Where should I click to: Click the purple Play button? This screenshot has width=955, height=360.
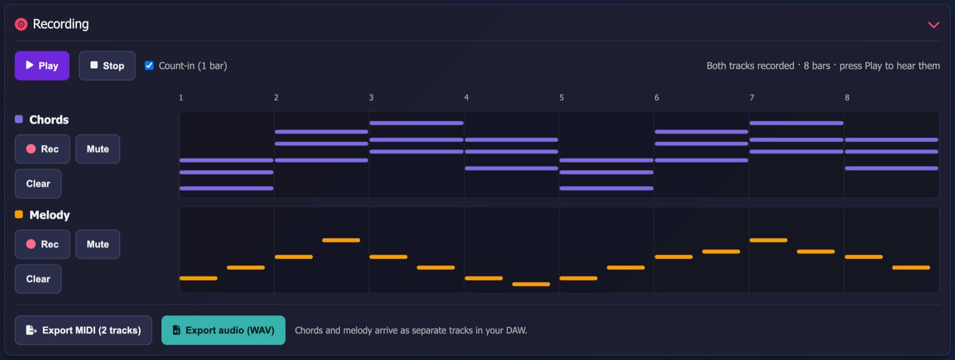tap(42, 66)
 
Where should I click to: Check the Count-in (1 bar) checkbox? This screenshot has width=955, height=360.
tap(149, 65)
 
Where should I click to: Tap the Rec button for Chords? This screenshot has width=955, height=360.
tap(42, 149)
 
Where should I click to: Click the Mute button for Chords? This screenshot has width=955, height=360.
tap(98, 149)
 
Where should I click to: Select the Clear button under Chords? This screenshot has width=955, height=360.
tap(38, 183)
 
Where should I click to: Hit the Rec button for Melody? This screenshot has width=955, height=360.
tap(42, 244)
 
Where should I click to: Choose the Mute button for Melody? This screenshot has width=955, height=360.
tap(98, 244)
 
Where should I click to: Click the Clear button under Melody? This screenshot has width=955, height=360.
tap(38, 279)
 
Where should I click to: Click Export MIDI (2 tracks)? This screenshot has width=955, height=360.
tap(83, 330)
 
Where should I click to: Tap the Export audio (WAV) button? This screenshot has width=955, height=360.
tap(223, 330)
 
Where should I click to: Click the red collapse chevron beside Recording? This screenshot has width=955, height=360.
tap(934, 24)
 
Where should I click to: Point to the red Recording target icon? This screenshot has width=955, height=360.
tap(21, 24)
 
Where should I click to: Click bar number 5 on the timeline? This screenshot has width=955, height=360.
tap(562, 98)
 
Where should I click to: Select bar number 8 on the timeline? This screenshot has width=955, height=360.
tap(847, 98)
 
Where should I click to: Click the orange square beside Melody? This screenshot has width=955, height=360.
tap(19, 214)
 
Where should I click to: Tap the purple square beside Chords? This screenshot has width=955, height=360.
tap(19, 119)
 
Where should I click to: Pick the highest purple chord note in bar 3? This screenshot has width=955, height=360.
tap(416, 123)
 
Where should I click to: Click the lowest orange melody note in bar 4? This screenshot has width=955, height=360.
tap(531, 284)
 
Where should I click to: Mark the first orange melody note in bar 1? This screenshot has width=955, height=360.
tap(198, 278)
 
